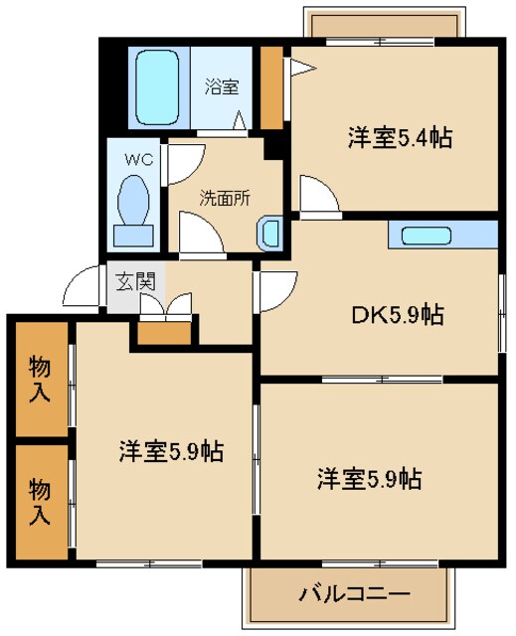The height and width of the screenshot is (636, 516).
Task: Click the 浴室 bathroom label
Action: [x=221, y=85]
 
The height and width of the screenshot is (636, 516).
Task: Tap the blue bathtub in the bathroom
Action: [x=155, y=87]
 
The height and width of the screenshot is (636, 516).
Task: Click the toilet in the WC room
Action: [x=133, y=205]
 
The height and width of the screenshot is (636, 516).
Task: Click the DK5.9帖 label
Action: [x=395, y=316]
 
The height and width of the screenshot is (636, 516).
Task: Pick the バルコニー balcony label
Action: [x=354, y=596]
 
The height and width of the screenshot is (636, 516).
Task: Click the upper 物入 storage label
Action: [x=40, y=380]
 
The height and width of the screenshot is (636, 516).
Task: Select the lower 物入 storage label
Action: [x=40, y=502]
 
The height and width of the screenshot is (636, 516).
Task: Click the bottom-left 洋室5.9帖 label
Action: [x=170, y=451]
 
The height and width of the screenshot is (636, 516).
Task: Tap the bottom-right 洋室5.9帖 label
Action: [x=368, y=479]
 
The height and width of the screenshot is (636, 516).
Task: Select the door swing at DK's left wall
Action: [x=274, y=289]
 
